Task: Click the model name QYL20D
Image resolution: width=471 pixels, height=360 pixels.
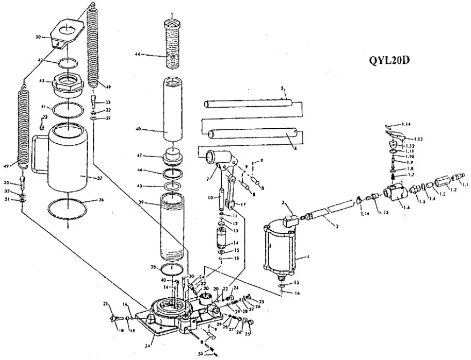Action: coord(390,60)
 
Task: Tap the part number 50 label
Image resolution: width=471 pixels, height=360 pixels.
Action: coord(38,37)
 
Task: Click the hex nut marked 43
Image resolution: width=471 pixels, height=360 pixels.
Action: coord(66,85)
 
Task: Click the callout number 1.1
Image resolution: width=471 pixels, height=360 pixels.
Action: coord(465,185)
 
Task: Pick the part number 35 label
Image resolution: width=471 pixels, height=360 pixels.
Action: coord(200,354)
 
